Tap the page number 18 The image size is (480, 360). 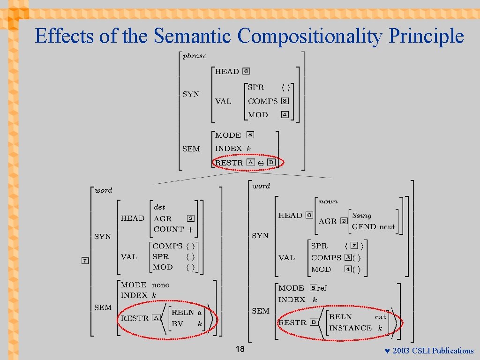[x=240, y=349]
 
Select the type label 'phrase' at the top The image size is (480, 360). [x=195, y=56]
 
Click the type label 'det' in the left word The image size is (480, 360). [x=159, y=207]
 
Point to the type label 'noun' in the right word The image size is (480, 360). [x=328, y=202]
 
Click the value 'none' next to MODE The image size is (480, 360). [x=160, y=285]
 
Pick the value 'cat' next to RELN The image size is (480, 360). [x=380, y=317]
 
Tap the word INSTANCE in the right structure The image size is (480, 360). [x=350, y=328]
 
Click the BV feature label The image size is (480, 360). [x=177, y=323]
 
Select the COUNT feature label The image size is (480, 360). [x=168, y=229]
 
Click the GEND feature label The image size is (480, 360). [x=364, y=226]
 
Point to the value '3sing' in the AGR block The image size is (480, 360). [x=361, y=216]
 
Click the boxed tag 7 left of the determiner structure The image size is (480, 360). [x=85, y=261]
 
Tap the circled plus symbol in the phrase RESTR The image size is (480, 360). [x=261, y=164]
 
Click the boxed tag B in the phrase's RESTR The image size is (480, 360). [x=271, y=162]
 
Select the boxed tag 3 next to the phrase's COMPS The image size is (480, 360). [x=285, y=101]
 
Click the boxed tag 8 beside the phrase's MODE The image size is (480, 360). [x=250, y=135]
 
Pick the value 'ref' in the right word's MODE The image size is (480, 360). [x=322, y=288]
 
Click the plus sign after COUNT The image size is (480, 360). [x=190, y=229]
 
